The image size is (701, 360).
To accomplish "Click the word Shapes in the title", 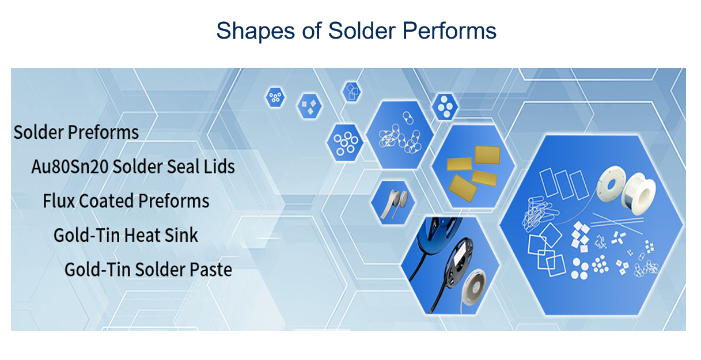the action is click(x=255, y=31).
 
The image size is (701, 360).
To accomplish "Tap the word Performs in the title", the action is click(x=449, y=31).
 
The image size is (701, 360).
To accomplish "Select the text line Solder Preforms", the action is click(x=76, y=132).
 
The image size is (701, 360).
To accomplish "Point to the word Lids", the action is click(x=219, y=166).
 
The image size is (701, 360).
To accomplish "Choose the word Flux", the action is click(x=59, y=201).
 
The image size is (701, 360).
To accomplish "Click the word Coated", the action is click(x=107, y=201).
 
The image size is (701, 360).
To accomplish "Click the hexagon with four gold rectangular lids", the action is click(x=472, y=166).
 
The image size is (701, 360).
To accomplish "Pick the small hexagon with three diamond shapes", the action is click(x=309, y=106).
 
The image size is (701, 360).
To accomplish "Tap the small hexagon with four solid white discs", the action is click(x=445, y=107).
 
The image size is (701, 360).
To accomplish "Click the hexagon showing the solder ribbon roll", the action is click(x=393, y=203).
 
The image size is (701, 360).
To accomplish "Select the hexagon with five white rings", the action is click(x=345, y=143).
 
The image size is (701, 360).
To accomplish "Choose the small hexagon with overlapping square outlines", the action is click(x=351, y=92).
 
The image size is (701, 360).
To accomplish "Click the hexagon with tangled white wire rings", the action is click(x=400, y=135).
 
